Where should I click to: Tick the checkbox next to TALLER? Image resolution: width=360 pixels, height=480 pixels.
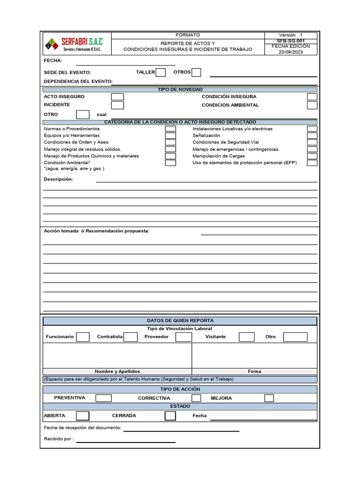pos(160,72)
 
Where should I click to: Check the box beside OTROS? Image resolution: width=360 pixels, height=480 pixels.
pos(196,72)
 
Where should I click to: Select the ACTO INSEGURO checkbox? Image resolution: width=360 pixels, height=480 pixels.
pos(117,97)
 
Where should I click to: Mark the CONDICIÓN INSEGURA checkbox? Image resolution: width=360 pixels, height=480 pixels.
pos(312,97)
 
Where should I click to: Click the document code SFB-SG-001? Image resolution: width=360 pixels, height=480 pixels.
pos(291,41)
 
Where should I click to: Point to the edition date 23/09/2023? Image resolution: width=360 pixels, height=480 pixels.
pos(291,52)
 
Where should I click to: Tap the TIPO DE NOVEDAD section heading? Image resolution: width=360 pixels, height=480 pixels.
pos(180,90)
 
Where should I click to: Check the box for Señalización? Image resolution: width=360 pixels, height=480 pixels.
pos(312,135)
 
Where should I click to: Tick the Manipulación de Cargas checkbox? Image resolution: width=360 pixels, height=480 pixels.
pos(312,156)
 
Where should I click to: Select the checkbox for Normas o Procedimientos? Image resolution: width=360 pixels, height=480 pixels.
pos(171,128)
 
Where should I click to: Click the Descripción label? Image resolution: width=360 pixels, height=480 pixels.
pos(59,180)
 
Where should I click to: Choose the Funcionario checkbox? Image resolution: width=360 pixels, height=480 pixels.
pos(82,337)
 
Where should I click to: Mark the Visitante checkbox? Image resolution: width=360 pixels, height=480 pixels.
pos(247,337)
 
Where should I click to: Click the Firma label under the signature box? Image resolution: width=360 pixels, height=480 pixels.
pos(255,371)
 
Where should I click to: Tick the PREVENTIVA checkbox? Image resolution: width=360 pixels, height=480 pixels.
pos(104,398)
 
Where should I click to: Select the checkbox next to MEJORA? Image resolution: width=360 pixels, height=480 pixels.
pos(269,398)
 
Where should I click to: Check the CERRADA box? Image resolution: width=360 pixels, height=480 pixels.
pos(170,416)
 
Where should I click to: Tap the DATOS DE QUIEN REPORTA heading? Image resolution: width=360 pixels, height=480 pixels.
pos(180,321)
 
